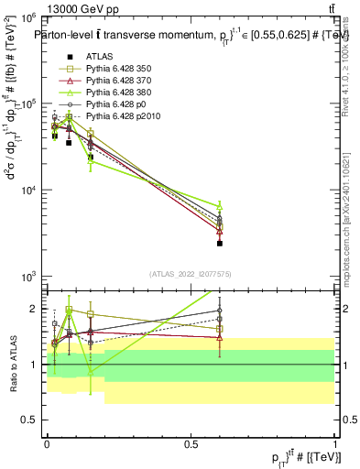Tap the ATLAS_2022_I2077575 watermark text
point(191,274)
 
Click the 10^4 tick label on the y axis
point(27,191)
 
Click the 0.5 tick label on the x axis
point(191,442)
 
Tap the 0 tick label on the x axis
point(46,442)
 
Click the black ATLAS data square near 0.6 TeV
point(220,244)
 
